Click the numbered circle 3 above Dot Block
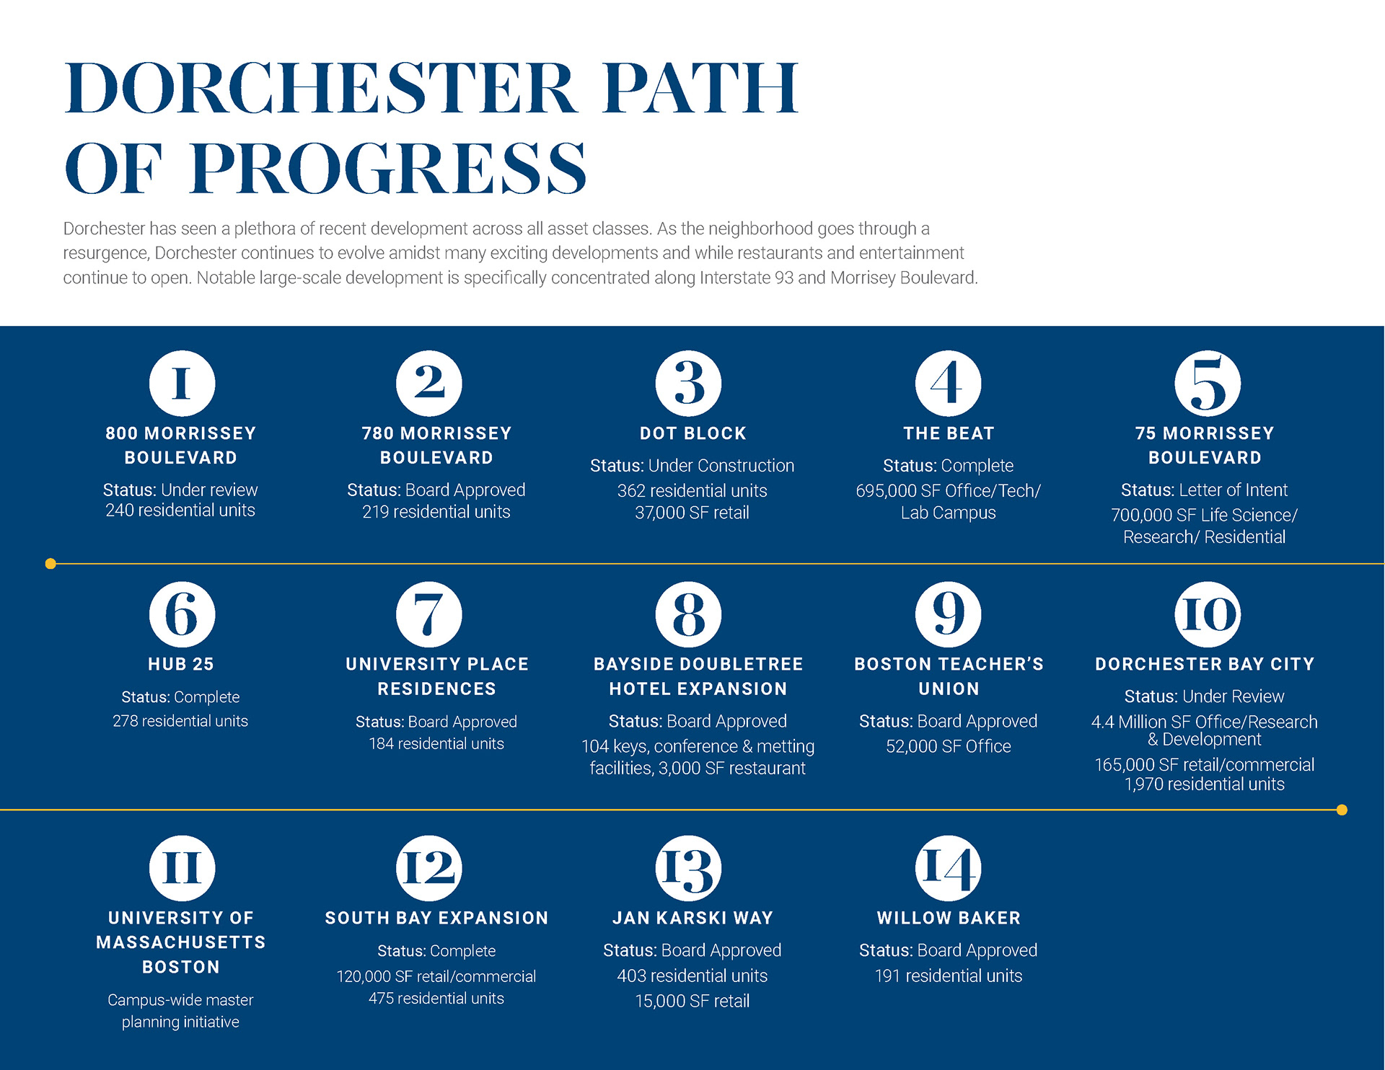click(x=688, y=384)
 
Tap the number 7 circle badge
click(x=428, y=614)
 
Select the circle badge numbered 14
click(x=948, y=868)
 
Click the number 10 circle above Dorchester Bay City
click(x=1208, y=614)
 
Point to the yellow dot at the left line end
click(x=50, y=564)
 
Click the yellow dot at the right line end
click(x=1342, y=810)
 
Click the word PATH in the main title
click(x=701, y=88)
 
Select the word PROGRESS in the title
click(x=388, y=168)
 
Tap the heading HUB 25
click(x=181, y=664)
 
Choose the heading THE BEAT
click(x=949, y=433)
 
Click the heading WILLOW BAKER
click(x=949, y=918)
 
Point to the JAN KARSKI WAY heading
click(x=692, y=918)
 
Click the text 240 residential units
click(x=180, y=510)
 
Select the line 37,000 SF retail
click(x=692, y=513)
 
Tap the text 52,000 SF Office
click(x=949, y=746)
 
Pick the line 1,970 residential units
click(x=1205, y=784)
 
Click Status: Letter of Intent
click(x=1204, y=490)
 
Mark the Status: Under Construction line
click(x=692, y=466)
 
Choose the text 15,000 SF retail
click(x=692, y=1001)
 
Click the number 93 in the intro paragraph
click(x=784, y=278)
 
